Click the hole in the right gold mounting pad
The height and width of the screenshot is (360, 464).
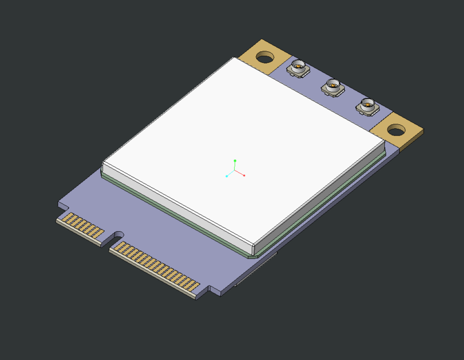[x=396, y=130]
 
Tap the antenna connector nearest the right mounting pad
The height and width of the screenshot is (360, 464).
[x=367, y=106]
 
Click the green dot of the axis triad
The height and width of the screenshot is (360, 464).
[x=235, y=160]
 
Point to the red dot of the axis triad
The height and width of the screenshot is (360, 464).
[x=244, y=175]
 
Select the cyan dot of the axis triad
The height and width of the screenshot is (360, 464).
[x=227, y=176]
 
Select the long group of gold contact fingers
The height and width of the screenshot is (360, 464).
[x=157, y=265]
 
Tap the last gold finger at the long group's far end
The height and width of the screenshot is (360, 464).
[x=195, y=286]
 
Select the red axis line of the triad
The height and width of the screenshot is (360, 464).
[x=240, y=173]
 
